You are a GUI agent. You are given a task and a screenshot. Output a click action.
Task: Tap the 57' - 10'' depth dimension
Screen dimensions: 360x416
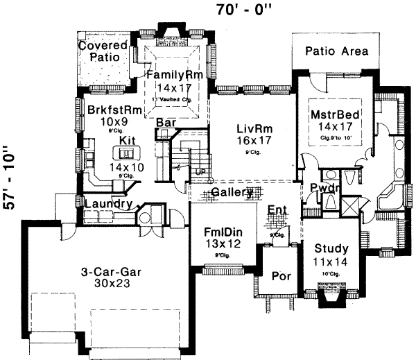[10, 182]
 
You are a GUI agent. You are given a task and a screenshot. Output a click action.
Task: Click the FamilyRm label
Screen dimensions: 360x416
[168, 74]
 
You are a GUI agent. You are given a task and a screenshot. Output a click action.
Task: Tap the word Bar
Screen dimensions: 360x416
[165, 122]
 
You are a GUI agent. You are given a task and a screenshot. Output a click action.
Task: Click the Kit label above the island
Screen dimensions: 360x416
[126, 140]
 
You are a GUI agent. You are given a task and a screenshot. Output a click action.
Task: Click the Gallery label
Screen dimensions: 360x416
[232, 193]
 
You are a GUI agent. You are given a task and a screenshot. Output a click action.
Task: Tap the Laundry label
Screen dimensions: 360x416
[107, 204]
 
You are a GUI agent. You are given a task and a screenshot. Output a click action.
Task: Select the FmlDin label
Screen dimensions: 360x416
[222, 231]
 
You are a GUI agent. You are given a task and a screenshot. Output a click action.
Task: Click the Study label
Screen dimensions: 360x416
[331, 248]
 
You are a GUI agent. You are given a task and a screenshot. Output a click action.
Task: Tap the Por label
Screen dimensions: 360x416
[279, 275]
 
